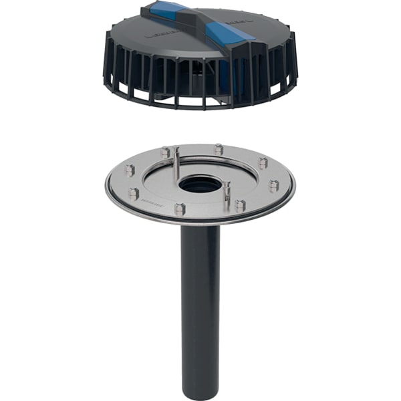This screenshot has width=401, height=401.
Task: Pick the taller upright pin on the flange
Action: pyautogui.click(x=176, y=163)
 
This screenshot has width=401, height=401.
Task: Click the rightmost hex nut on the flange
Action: pyautogui.click(x=273, y=185)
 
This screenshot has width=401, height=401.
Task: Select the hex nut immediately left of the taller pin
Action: pyautogui.click(x=165, y=153)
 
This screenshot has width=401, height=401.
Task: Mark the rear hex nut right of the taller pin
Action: pyautogui.click(x=219, y=149)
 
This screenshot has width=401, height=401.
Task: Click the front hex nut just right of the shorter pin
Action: pyautogui.click(x=240, y=206)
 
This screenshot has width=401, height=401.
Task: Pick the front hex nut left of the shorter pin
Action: pyautogui.click(x=180, y=209)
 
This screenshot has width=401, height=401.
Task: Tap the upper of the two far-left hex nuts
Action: pyautogui.click(x=129, y=170)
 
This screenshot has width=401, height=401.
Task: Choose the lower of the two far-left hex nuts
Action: pyautogui.click(x=134, y=194)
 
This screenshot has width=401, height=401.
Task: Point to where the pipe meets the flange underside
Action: pyautogui.click(x=200, y=227)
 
